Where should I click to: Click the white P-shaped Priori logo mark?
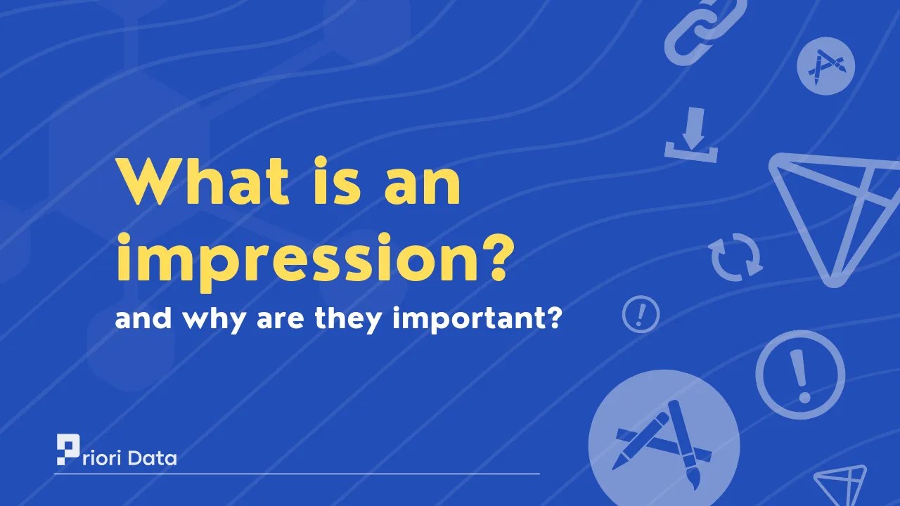(69, 450)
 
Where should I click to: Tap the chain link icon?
(694, 32)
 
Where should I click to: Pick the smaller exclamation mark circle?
(641, 313)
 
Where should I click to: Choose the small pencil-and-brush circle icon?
(825, 66)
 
